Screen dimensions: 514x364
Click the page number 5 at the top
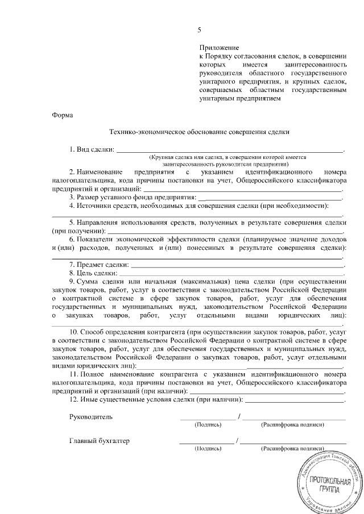(x=199, y=30)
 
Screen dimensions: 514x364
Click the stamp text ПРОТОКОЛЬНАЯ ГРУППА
(x=326, y=483)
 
